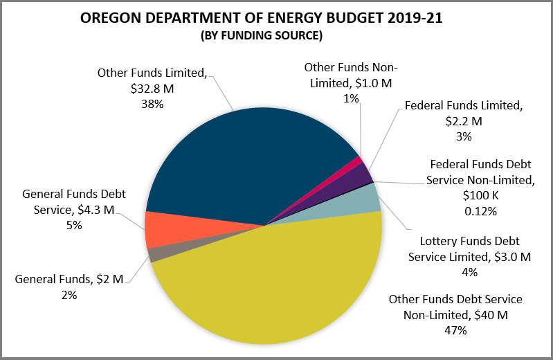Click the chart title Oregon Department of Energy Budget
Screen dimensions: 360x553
coord(262,19)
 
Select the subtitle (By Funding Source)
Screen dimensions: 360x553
coord(262,35)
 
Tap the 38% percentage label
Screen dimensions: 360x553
coord(152,104)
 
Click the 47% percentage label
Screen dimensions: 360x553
coord(455,330)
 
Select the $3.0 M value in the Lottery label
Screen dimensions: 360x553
coord(511,257)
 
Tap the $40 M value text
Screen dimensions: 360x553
coord(492,316)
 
